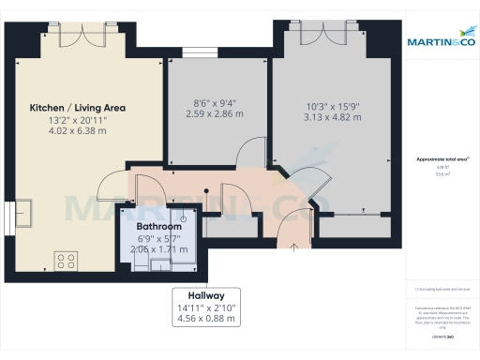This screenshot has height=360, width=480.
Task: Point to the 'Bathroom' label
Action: [x=158, y=227]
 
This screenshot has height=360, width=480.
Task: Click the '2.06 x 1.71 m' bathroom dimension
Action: [x=158, y=250]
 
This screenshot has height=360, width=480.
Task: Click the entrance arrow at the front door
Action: [x=294, y=248]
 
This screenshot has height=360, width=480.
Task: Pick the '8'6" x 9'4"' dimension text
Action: [x=215, y=102]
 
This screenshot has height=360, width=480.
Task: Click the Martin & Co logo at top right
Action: [x=441, y=42]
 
